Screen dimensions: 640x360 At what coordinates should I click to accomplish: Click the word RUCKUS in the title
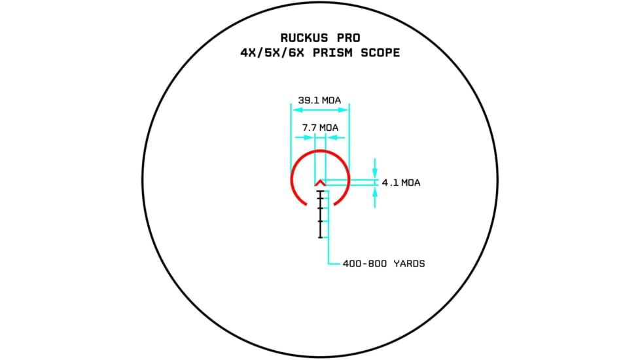coord(304,38)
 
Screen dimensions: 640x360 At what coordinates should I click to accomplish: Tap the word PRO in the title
coord(349,38)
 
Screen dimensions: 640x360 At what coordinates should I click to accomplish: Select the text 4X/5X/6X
coord(272,53)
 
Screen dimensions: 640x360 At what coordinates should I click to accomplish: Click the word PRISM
coord(332,53)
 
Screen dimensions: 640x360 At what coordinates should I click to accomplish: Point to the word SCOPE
coord(380,53)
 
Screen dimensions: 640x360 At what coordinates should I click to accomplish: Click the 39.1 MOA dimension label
coord(319,100)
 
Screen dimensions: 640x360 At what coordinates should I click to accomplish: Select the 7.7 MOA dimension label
coord(321,128)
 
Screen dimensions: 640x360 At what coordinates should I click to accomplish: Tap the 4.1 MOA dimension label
coord(401,183)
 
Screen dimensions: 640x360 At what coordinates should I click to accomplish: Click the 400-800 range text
coord(365,264)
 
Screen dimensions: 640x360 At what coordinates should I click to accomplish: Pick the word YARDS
coord(410,264)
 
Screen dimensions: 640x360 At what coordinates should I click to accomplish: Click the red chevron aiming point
coord(321,182)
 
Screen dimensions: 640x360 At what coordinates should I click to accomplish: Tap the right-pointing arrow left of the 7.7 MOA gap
coord(304,137)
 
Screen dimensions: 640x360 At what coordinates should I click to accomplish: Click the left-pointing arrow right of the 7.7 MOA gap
coord(336,137)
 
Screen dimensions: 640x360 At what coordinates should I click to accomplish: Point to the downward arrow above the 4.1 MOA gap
coord(375,168)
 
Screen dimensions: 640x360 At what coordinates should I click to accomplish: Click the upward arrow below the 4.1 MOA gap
coord(375,197)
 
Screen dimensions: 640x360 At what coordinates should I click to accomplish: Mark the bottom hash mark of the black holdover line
coord(321,237)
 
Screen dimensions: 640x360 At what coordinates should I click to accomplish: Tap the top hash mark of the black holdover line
coord(321,191)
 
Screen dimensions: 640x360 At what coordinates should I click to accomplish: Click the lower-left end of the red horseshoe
coord(306,204)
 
